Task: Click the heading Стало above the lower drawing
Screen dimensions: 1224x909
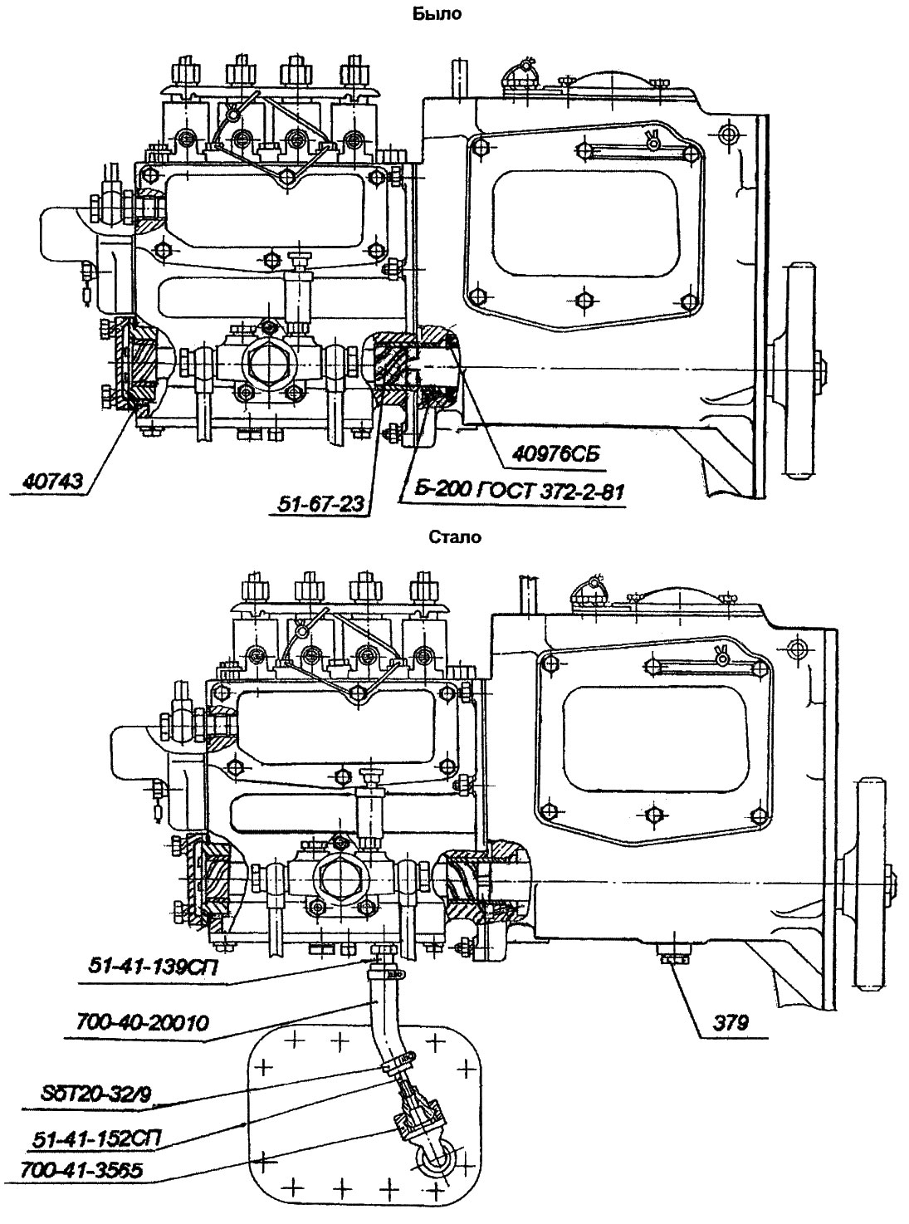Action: (455, 536)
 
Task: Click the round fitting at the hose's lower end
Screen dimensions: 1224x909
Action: (435, 1161)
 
